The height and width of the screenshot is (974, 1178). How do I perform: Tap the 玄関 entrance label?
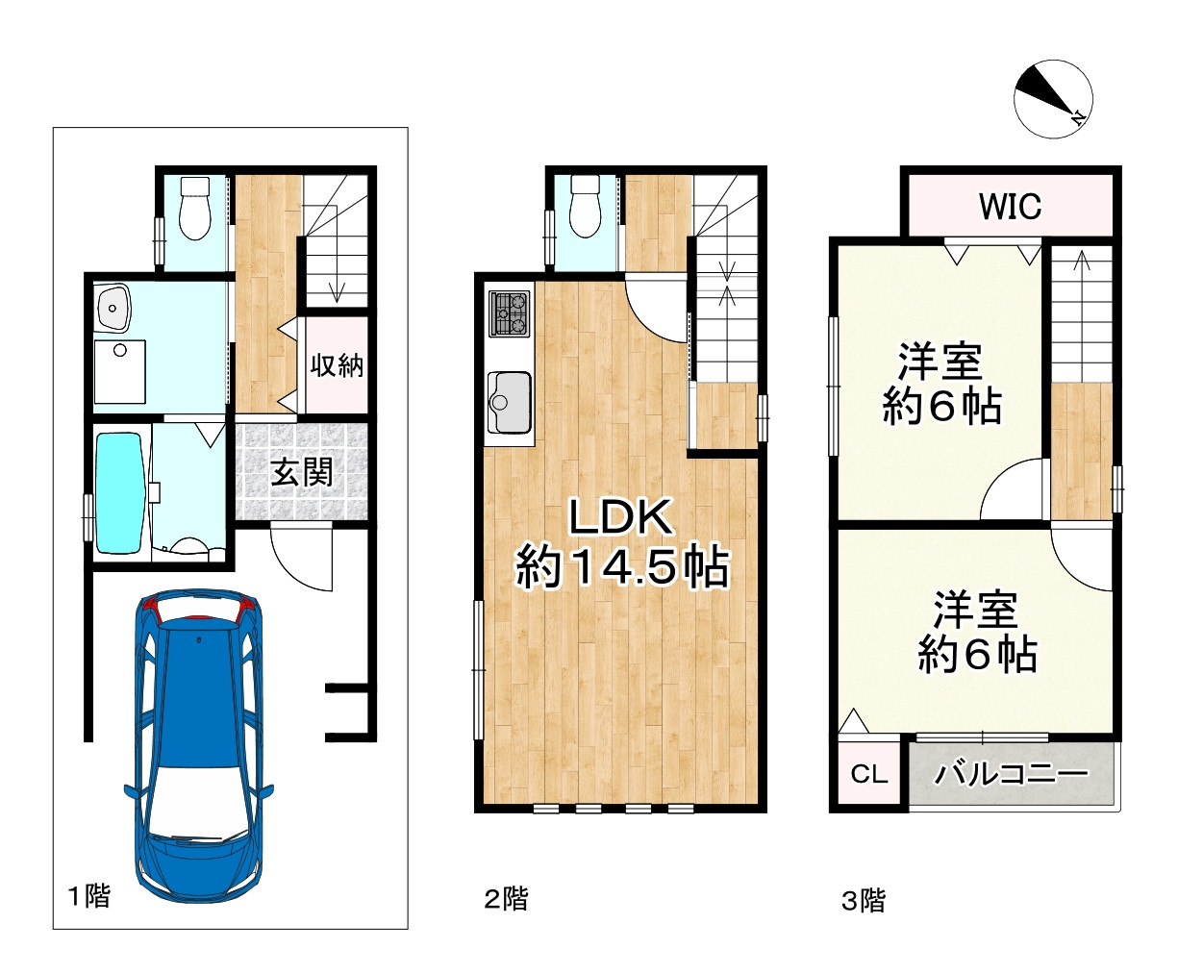click(x=301, y=471)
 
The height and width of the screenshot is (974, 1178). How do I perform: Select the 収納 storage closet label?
click(x=337, y=365)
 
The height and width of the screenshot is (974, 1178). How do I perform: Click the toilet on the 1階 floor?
click(x=194, y=208)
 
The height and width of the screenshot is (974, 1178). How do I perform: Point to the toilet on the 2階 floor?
click(x=585, y=207)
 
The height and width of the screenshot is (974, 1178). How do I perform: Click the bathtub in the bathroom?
click(x=119, y=493)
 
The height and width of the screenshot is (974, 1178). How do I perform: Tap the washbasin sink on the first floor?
click(x=113, y=308)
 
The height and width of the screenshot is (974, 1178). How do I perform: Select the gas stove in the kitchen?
click(x=509, y=313)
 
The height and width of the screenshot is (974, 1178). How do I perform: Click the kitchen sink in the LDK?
click(x=509, y=402)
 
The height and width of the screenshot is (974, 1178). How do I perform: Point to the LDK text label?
click(x=620, y=516)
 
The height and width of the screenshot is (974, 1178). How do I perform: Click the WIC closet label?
click(x=1010, y=207)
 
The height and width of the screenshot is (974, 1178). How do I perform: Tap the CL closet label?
click(x=868, y=774)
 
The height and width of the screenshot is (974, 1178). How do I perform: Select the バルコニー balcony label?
click(x=1011, y=774)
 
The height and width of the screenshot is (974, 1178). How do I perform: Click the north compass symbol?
click(x=1053, y=99)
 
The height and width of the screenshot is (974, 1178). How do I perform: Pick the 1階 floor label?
click(x=89, y=896)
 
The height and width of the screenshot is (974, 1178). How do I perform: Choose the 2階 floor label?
click(x=506, y=899)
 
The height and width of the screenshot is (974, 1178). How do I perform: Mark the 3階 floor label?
click(x=864, y=901)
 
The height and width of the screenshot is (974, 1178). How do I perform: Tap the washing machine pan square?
click(x=119, y=372)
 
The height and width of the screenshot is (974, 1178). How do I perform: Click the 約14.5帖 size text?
click(x=622, y=567)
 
